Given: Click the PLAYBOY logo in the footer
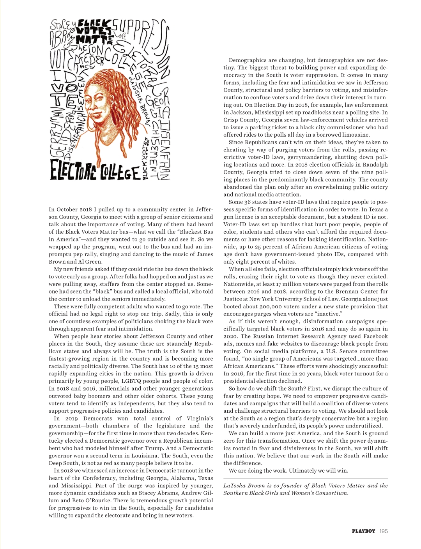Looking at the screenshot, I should pyautogui.click(x=363, y=531).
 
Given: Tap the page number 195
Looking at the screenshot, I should pyautogui.click(x=384, y=531).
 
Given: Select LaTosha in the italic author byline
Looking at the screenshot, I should pyautogui.click(x=235, y=486).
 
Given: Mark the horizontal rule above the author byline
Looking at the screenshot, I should pyautogui.click(x=306, y=478).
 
